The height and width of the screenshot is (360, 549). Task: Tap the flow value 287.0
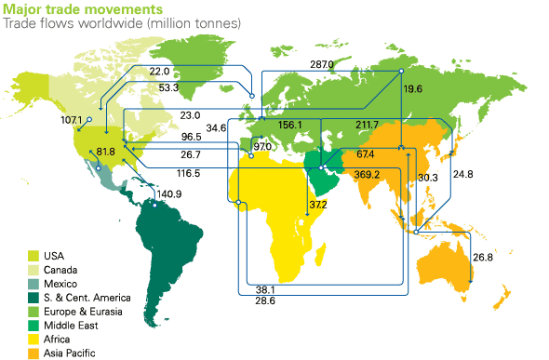click(x=322, y=64)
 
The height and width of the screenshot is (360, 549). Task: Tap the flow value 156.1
click(x=290, y=125)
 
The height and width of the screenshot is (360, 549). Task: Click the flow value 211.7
click(x=367, y=125)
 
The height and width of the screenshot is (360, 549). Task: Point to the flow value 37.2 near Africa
click(x=319, y=205)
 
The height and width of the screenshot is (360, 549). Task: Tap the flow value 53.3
click(x=169, y=87)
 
